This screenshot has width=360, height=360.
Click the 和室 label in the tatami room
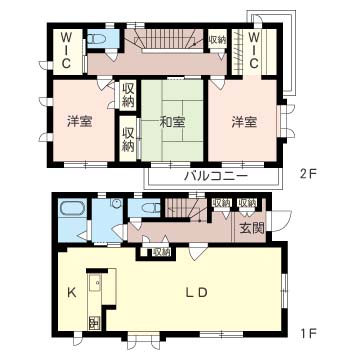(173, 123)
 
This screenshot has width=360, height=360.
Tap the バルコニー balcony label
(213, 176)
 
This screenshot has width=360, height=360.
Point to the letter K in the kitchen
(72, 293)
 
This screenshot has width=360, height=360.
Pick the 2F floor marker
(306, 173)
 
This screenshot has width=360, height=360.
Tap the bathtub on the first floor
(70, 211)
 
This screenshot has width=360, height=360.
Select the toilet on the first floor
(150, 208)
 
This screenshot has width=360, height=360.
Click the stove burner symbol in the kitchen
(94, 323)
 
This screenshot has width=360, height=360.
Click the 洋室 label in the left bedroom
(80, 123)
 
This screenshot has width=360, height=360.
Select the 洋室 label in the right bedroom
(246, 123)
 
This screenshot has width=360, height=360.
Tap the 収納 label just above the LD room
(161, 253)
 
